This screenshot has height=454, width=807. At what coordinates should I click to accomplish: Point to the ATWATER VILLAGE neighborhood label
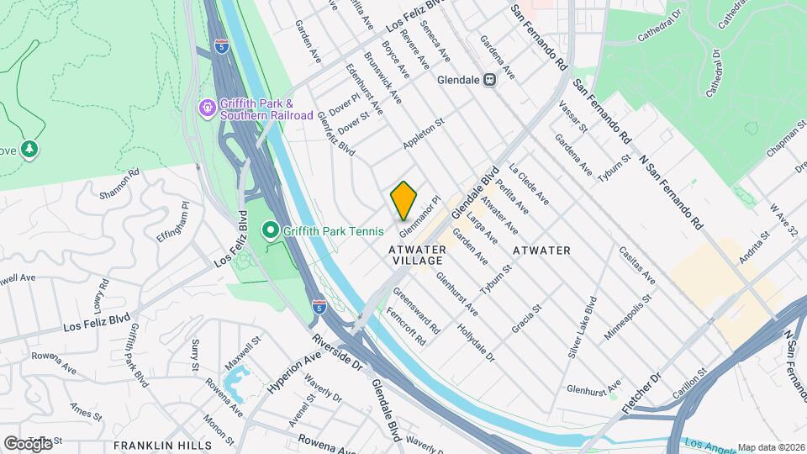pyautogui.click(x=415, y=256)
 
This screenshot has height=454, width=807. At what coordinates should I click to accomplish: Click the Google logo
pyautogui.click(x=28, y=443)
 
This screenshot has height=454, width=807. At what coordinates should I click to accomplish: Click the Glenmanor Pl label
pyautogui.click(x=420, y=214)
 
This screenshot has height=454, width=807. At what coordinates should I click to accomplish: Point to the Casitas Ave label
pyautogui.click(x=636, y=265)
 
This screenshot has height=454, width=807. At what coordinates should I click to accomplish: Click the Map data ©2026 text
pyautogui.click(x=770, y=447)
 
